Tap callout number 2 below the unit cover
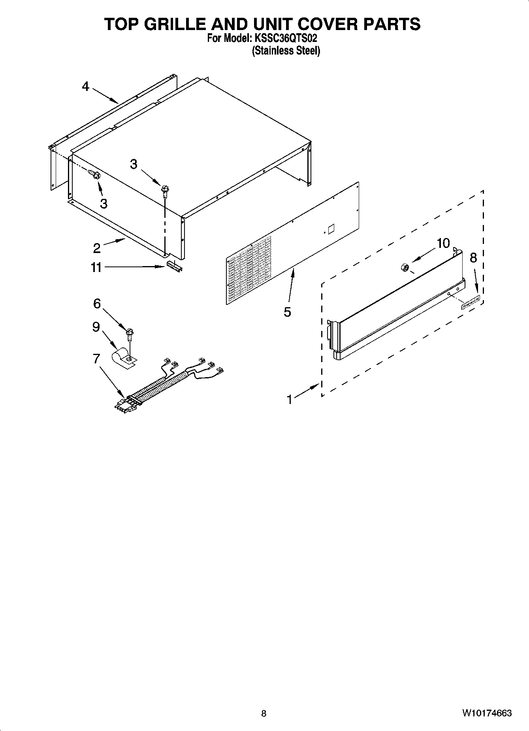pyautogui.click(x=97, y=248)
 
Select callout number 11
pyautogui.click(x=96, y=268)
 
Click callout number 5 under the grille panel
pyautogui.click(x=287, y=312)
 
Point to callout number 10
pyautogui.click(x=443, y=243)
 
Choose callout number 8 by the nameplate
pyautogui.click(x=473, y=257)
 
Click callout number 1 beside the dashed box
pyautogui.click(x=290, y=400)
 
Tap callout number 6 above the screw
pyautogui.click(x=97, y=304)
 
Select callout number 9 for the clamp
pyautogui.click(x=96, y=327)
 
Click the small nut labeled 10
pyautogui.click(x=405, y=268)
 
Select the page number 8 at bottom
pyautogui.click(x=264, y=714)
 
